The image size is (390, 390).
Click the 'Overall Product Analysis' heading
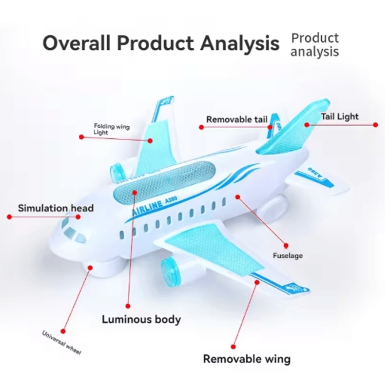(x=161, y=43)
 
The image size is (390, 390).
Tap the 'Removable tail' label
(x=237, y=119)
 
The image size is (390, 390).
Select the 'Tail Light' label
(x=339, y=117)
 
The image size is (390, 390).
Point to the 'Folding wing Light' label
(x=112, y=129)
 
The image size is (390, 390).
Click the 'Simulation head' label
(x=56, y=208)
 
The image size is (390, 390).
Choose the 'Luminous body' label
(x=141, y=320)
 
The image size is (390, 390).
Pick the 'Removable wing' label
(x=247, y=359)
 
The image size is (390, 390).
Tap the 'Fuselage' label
(x=288, y=255)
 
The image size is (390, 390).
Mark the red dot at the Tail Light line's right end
(x=375, y=125)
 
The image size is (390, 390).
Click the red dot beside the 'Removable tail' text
(x=201, y=127)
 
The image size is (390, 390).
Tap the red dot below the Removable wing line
(x=233, y=347)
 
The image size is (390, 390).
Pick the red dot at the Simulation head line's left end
(x=9, y=216)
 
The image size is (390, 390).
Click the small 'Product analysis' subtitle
(x=314, y=44)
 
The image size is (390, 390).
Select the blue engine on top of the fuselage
(x=117, y=172)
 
